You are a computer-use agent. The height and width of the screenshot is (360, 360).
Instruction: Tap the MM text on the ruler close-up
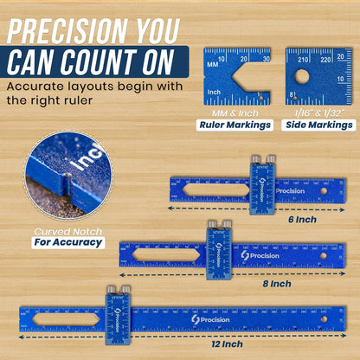pyautogui.click(x=212, y=65)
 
